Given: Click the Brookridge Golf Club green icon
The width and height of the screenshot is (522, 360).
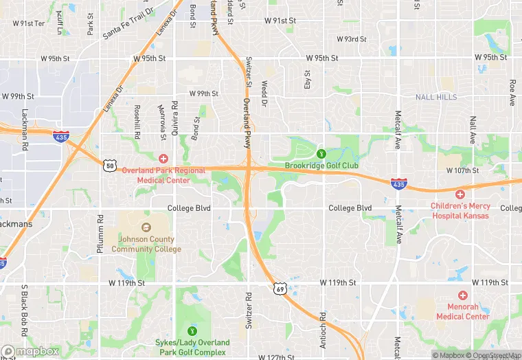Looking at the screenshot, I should point(321,153).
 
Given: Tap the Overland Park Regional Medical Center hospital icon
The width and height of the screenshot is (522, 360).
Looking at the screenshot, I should point(163,159).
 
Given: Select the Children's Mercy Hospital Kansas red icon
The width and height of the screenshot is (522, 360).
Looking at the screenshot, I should point(460,194).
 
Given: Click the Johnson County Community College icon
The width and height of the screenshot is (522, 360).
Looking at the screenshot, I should point(146,227).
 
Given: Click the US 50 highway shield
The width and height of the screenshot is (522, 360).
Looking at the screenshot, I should point(109,165).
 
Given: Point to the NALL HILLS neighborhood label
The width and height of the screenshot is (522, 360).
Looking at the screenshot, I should point(436,98).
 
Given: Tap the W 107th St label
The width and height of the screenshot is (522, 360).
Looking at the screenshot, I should point(466,170).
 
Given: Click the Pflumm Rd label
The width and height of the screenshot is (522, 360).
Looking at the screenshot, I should point(100,229).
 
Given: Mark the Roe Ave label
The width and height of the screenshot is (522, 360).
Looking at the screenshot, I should point(512,93).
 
